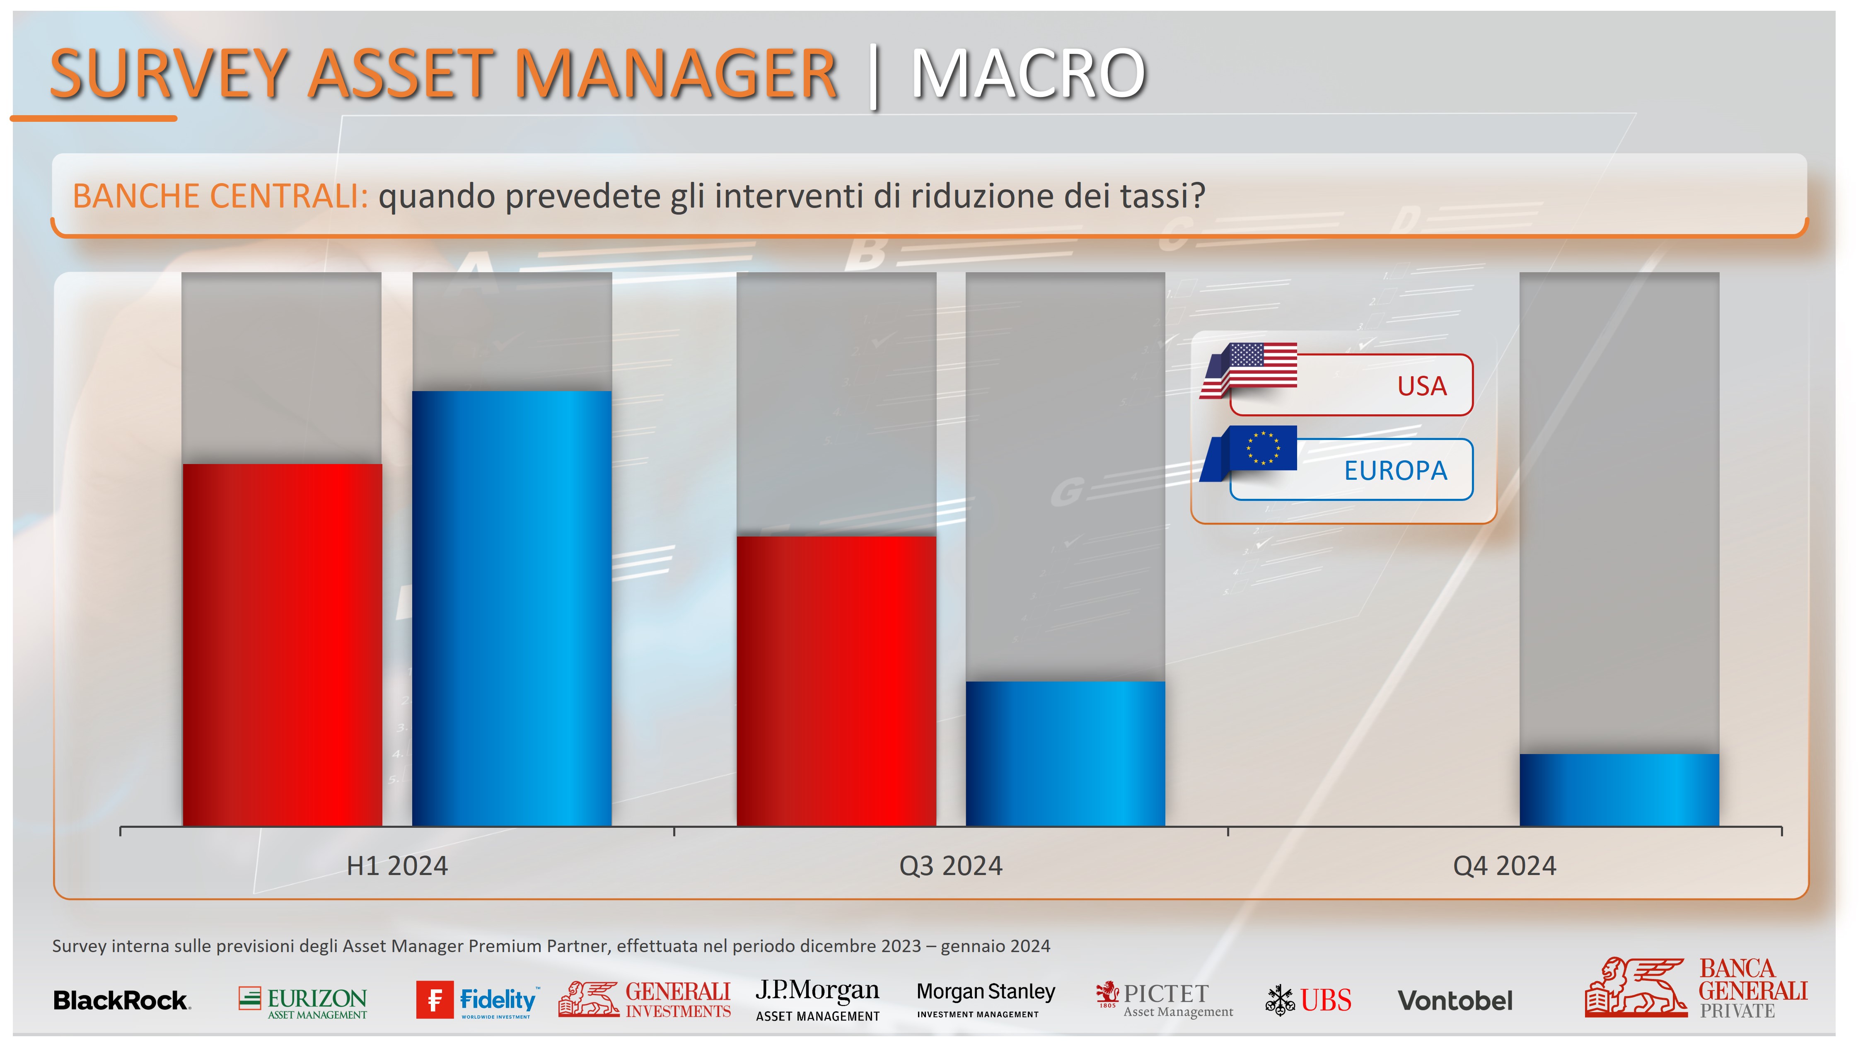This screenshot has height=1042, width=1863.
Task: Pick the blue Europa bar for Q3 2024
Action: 1065,754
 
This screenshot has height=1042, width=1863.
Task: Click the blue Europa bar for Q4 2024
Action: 1619,790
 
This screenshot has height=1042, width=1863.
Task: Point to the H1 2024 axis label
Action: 397,866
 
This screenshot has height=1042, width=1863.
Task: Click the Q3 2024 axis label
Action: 950,866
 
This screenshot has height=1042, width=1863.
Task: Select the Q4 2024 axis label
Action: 1504,866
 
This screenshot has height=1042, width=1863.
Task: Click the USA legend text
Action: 1422,386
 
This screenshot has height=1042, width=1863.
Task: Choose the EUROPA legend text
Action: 1395,471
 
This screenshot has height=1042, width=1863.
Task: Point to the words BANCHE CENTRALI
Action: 220,196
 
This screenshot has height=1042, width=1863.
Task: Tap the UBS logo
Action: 1308,1000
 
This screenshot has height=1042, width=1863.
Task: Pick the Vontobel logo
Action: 1455,1001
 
